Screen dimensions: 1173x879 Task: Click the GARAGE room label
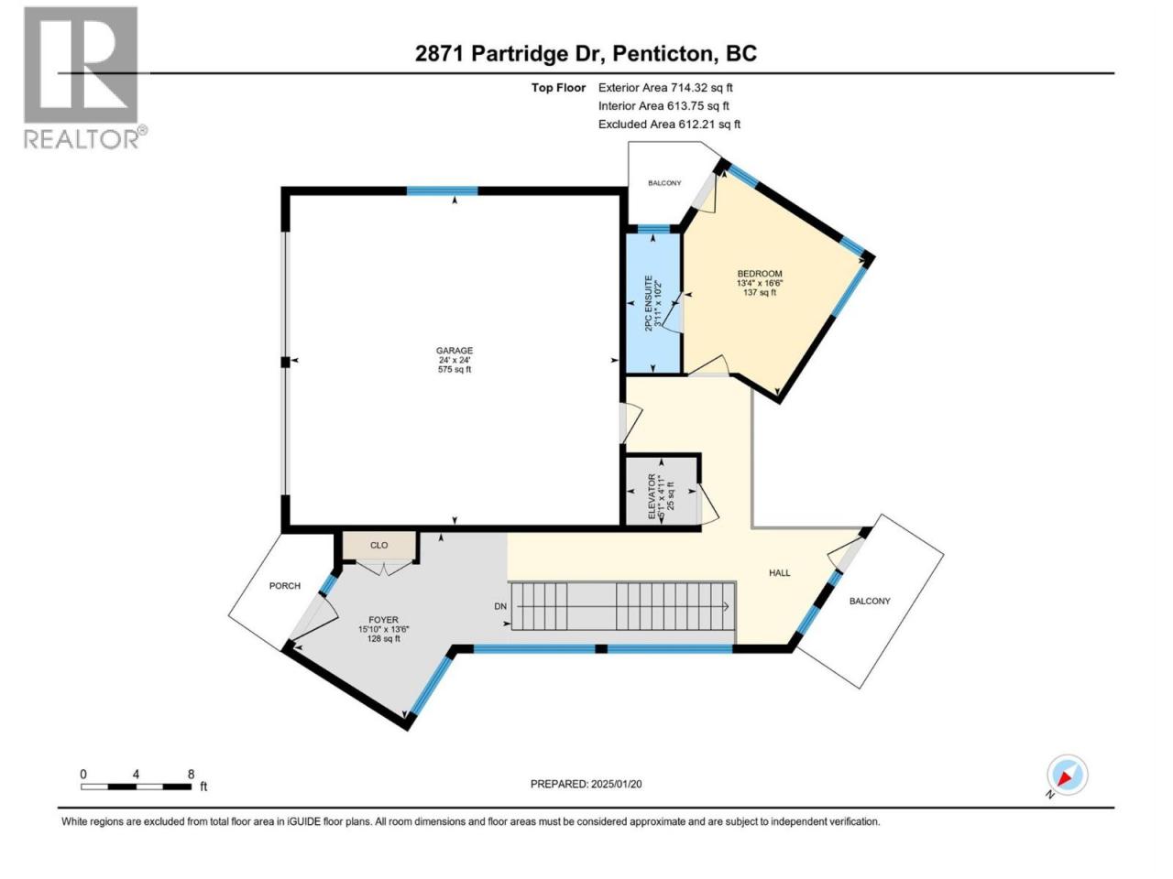point(455,351)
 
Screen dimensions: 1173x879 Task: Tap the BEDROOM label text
point(760,274)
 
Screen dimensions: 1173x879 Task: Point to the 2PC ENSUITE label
point(649,303)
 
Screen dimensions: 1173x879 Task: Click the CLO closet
point(378,546)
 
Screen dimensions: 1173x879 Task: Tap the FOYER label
point(383,620)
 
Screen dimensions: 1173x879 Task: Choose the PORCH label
point(285,586)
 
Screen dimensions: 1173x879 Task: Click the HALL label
point(779,573)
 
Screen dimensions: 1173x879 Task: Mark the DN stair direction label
point(500,607)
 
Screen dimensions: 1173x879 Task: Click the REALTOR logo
point(85,78)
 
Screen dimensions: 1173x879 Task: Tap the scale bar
point(137,787)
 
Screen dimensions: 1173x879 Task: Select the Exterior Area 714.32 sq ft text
point(665,88)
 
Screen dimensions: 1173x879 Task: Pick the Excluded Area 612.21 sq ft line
point(669,124)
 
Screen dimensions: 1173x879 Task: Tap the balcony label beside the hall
point(870,601)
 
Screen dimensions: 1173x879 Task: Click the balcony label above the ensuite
point(664,183)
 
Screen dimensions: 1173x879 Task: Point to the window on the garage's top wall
point(442,191)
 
